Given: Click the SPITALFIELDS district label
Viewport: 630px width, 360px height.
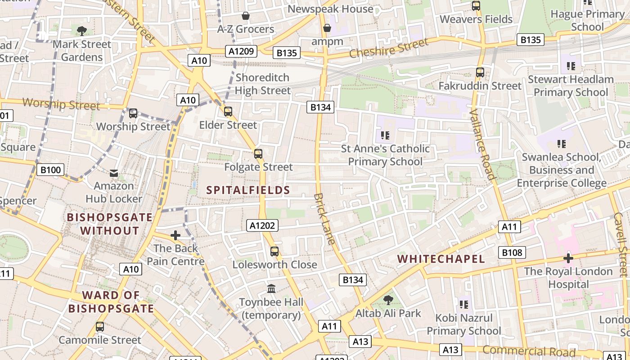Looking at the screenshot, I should pyautogui.click(x=248, y=190).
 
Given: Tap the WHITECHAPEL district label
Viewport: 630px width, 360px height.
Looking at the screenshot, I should pyautogui.click(x=441, y=259).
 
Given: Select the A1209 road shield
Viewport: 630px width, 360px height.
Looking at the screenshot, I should pyautogui.click(x=242, y=51).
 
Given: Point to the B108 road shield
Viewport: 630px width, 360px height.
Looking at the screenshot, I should pyautogui.click(x=512, y=252).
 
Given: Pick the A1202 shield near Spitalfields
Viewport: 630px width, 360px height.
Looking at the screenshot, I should pyautogui.click(x=262, y=225).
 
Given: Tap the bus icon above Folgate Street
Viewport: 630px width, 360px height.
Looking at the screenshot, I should pyautogui.click(x=258, y=154).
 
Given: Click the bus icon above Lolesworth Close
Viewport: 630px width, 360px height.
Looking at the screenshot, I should pyautogui.click(x=274, y=252).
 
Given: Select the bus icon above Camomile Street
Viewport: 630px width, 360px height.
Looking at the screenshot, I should pyautogui.click(x=100, y=327).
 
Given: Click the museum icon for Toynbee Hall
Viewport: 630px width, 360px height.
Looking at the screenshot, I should pyautogui.click(x=271, y=288).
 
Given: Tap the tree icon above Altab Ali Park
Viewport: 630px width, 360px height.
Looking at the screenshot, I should pyautogui.click(x=388, y=300).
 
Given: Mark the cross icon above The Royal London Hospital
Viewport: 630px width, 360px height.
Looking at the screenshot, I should pyautogui.click(x=568, y=258).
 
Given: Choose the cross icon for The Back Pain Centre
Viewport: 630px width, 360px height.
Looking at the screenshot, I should pyautogui.click(x=175, y=235).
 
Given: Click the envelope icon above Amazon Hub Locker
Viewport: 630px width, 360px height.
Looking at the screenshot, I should pyautogui.click(x=114, y=173).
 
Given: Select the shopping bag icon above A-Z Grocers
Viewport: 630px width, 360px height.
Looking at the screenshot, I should pyautogui.click(x=246, y=16).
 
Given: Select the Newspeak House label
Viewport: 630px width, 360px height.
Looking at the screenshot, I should pyautogui.click(x=330, y=9).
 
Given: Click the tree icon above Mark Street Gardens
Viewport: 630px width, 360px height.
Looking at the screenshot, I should pyautogui.click(x=81, y=31).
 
